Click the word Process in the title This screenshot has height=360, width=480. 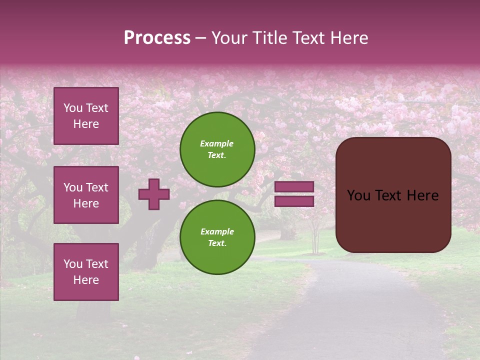click(157, 38)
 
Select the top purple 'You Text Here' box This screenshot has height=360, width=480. click(86, 116)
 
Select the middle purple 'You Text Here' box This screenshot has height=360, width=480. click(86, 195)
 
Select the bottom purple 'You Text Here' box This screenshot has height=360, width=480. click(86, 272)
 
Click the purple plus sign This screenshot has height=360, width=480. click(154, 194)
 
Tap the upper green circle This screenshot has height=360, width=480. click(217, 149)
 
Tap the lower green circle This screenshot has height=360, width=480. click(217, 237)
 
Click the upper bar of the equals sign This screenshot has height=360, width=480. click(294, 187)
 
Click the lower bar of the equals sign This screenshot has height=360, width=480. click(294, 201)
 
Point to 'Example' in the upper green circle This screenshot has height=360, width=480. click(217, 143)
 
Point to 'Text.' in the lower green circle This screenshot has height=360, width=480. click(217, 243)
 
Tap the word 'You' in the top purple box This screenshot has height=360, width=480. click(73, 108)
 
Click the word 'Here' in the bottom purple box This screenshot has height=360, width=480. click(86, 280)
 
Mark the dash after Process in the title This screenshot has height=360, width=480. click(201, 38)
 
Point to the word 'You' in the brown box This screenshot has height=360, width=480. click(358, 195)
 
